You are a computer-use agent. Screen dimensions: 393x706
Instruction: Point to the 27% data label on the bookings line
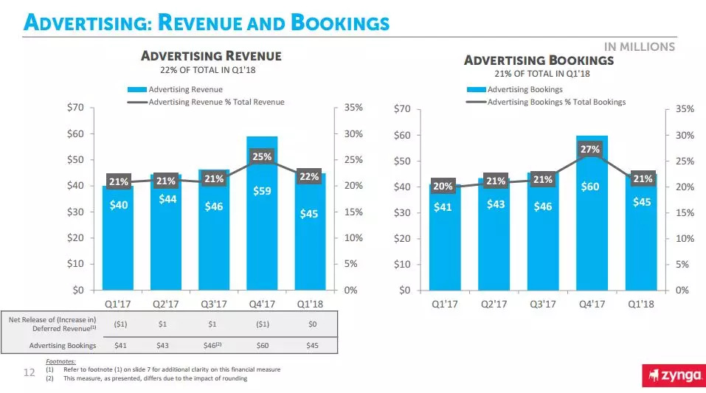pos(591,150)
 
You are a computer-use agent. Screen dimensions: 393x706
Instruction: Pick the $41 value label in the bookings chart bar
pos(443,207)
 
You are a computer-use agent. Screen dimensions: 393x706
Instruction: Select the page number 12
pos(30,373)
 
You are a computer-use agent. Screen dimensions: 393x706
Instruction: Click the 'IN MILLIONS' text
pos(640,46)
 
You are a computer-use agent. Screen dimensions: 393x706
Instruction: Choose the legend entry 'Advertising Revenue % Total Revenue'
pos(216,102)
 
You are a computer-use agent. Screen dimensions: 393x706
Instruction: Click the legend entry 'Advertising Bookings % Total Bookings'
pos(556,102)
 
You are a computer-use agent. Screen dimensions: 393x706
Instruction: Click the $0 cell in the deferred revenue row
pos(312,324)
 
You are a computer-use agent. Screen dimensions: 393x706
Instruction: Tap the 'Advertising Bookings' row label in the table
pos(63,345)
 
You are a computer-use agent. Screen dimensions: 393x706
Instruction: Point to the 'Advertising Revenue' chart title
pos(211,56)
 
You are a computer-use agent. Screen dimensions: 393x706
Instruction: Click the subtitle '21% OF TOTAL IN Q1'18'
pos(543,74)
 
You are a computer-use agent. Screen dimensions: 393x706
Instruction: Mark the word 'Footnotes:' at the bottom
pos(60,361)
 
